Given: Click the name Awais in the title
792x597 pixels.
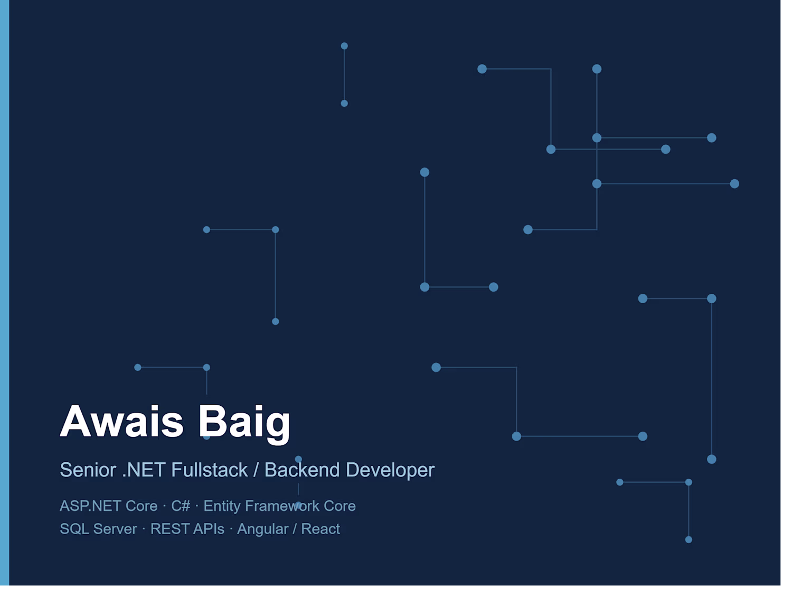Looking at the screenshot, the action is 121,421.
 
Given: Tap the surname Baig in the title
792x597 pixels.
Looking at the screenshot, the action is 244,424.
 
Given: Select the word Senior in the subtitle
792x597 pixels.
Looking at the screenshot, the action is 88,470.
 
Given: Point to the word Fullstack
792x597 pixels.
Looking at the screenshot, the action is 209,470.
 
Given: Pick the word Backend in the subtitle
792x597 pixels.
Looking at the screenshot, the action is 302,470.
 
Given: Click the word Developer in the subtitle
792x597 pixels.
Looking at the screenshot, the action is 390,470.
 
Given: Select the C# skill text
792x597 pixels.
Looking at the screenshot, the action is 181,506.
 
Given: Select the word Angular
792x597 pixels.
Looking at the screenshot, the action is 262,529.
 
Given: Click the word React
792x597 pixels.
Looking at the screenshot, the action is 320,529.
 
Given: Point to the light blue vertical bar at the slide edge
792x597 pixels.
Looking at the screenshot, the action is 5,292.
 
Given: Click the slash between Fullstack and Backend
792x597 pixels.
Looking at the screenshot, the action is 256,470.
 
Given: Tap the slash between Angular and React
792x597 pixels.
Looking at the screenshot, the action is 295,529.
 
